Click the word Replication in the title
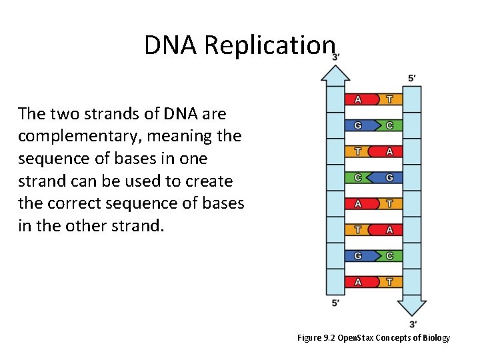tap(269, 45)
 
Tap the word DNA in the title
tap(171, 45)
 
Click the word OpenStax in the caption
tap(355, 338)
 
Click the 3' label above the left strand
tap(336, 57)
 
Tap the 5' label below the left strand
tap(336, 303)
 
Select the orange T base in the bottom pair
tap(389, 281)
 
